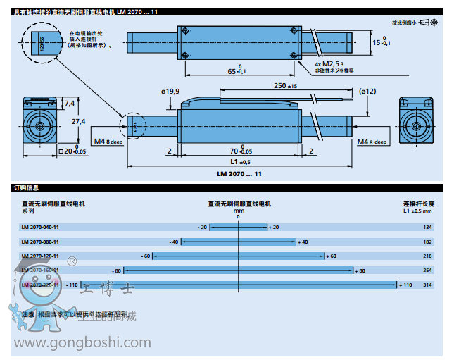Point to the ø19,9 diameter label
(x=170, y=91)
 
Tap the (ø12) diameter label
(x=367, y=91)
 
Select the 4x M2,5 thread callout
(x=326, y=63)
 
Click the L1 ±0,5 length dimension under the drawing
(x=240, y=162)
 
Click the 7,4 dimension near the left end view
(x=69, y=103)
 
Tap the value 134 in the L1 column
(x=427, y=228)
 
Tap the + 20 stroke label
(x=273, y=228)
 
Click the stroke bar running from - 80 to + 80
(x=239, y=270)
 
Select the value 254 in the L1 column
(x=427, y=270)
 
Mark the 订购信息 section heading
(x=27, y=188)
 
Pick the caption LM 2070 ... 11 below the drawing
(x=239, y=173)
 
